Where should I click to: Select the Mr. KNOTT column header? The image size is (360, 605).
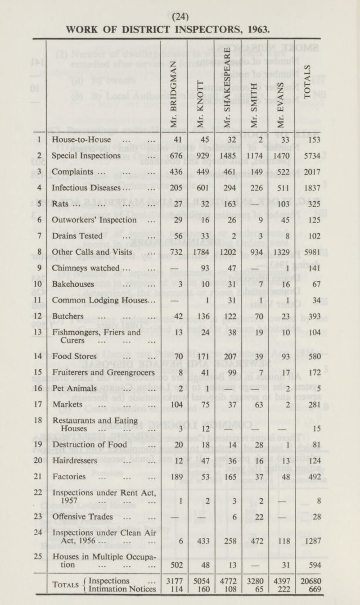click(201, 99)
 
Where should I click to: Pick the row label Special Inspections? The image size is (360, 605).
click(86, 156)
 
